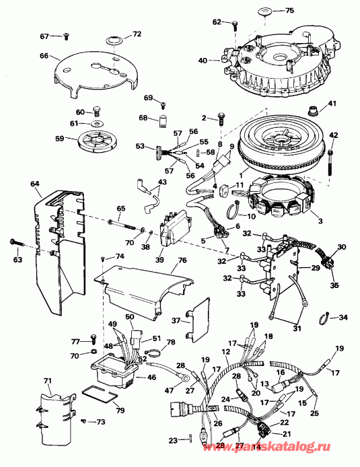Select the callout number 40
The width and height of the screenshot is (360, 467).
(203, 61)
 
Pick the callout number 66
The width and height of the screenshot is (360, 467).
(45, 57)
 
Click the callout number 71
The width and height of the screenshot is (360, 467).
(46, 382)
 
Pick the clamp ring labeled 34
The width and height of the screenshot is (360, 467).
(323, 316)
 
